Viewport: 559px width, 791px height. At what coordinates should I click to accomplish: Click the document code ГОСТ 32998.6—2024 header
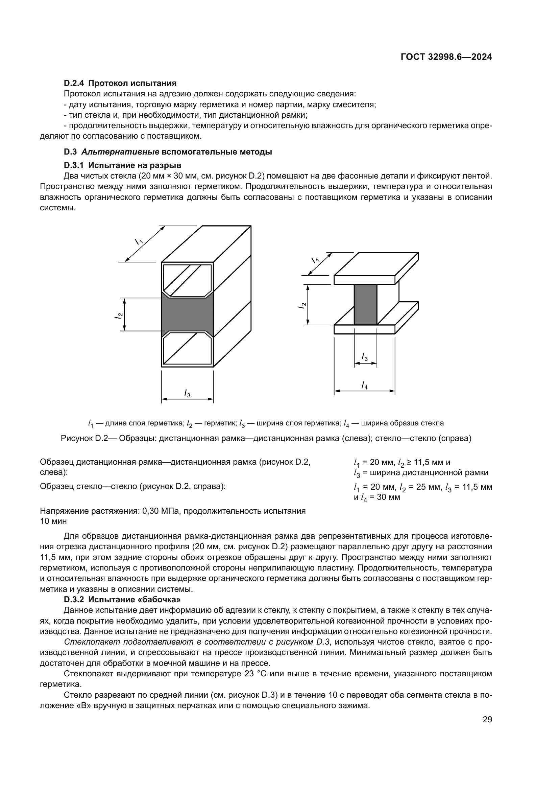click(446, 57)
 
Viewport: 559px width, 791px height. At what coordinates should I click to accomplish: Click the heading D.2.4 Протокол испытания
click(120, 83)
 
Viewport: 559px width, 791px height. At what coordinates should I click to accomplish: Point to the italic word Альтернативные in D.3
click(120, 152)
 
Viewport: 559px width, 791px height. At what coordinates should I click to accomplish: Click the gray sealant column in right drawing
click(365, 305)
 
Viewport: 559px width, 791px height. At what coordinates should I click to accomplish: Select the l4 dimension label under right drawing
click(365, 385)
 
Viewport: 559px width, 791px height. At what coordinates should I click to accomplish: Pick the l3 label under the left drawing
click(187, 393)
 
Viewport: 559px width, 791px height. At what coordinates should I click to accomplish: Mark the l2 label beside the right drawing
click(302, 305)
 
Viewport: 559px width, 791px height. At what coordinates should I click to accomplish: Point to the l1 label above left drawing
click(139, 241)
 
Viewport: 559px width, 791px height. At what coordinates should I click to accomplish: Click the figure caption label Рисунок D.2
click(80, 439)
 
